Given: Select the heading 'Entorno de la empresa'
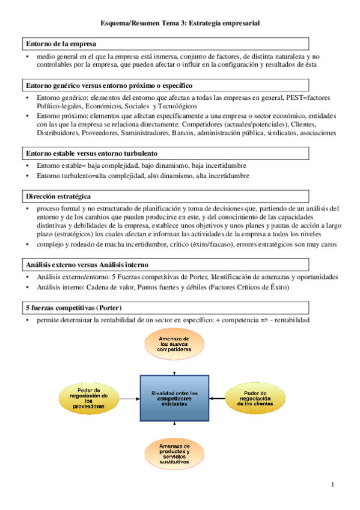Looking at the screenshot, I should (x=61, y=44).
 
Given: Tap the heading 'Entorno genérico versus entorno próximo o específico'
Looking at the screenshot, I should (x=109, y=85).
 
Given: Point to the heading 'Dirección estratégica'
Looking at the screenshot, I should (x=59, y=195).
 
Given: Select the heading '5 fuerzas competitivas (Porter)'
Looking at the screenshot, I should (x=74, y=307).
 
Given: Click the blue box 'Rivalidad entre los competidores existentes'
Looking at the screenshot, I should (x=175, y=399).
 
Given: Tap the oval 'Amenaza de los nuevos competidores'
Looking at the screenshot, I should (x=174, y=345).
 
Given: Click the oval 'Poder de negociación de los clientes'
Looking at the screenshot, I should (x=260, y=398).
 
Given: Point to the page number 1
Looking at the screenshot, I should (x=331, y=485).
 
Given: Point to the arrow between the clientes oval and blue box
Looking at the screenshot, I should (x=218, y=398).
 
